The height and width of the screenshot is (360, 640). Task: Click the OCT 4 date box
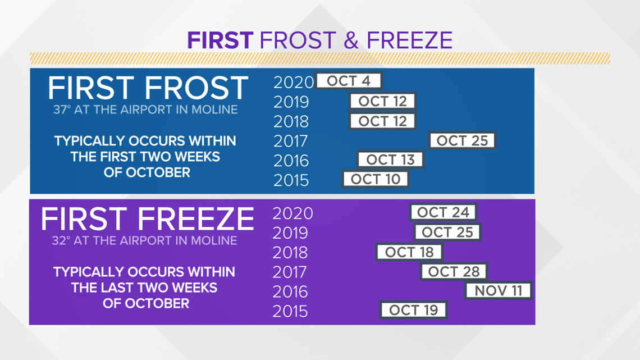point(349,81)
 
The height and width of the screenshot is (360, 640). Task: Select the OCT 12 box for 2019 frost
point(382,101)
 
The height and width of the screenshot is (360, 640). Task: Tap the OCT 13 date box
point(391,159)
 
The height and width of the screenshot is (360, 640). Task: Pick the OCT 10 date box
point(376,179)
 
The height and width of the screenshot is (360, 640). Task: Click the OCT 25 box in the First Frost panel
point(462,140)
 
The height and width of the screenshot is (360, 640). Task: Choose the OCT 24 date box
point(444,212)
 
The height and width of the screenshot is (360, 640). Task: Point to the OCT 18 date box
point(409,252)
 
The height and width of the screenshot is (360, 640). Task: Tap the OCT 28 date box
point(454,271)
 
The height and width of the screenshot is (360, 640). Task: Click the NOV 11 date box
point(499,290)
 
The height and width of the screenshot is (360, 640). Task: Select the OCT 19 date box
point(413,310)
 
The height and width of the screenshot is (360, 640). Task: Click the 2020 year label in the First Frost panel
point(294,83)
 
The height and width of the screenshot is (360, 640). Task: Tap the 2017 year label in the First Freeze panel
point(289,272)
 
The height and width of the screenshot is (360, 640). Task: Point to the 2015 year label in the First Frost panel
point(291,180)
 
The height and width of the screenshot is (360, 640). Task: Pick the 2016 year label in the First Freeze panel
point(290,292)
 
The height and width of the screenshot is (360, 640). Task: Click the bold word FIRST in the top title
point(221,40)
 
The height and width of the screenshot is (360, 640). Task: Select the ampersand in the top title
point(351,40)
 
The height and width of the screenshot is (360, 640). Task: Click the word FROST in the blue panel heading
point(196,88)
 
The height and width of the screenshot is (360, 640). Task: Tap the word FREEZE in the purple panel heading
point(196,219)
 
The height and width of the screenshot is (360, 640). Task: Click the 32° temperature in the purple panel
point(61,240)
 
